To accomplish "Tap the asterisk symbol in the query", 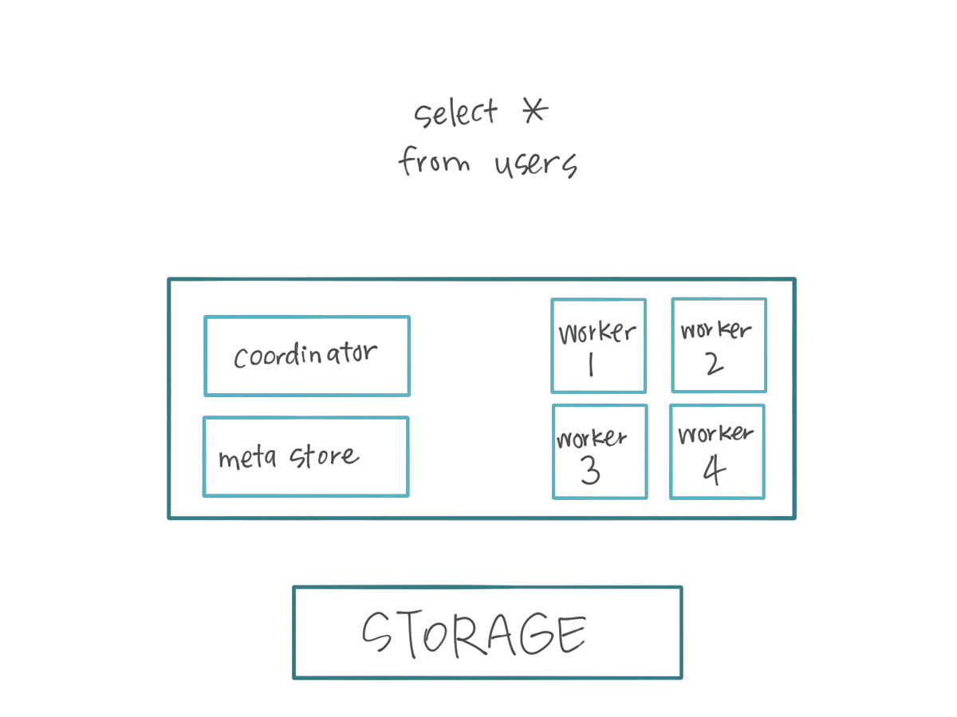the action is (534, 111).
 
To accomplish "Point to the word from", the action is (434, 162).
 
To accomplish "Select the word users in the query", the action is (535, 164).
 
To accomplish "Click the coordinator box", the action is (307, 356).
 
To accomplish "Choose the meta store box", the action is (305, 456).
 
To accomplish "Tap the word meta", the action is (247, 459).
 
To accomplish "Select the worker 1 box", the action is (598, 346).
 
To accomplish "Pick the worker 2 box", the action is (719, 345).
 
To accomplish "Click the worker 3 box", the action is (600, 451).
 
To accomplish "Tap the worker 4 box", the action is (717, 451).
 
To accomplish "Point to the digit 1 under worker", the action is (591, 364).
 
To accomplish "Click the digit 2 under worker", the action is (714, 364).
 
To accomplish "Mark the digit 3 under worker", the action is (590, 471).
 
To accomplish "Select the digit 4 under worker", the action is (714, 471).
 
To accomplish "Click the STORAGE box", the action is (487, 632).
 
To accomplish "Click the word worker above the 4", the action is (715, 435).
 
